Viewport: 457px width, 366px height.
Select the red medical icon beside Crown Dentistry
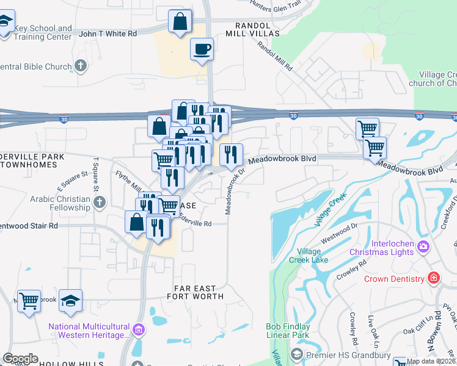point(434,279)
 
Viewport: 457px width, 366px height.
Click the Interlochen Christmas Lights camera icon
point(424,246)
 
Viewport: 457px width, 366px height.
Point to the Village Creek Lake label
point(312,256)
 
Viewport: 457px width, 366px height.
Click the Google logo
point(20,359)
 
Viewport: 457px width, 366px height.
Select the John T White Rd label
point(108,34)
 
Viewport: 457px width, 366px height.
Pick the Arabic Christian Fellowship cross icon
point(100,203)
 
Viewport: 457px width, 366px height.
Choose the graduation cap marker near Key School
point(5,24)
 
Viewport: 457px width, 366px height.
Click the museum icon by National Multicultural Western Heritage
point(139,331)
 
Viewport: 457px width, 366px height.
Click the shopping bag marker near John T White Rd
point(181,23)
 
